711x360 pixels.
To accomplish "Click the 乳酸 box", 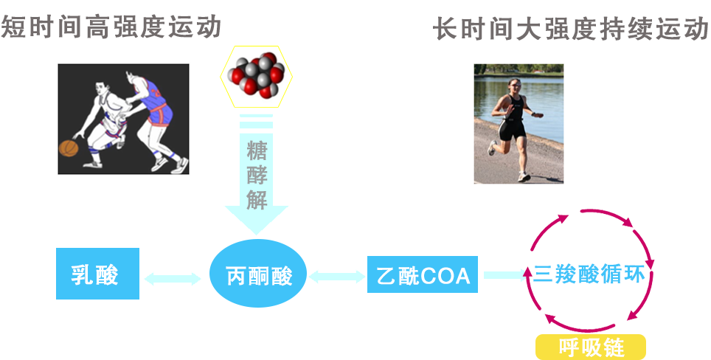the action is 97,274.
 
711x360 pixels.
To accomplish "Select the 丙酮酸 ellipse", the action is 259,276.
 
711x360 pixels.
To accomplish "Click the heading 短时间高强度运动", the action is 111,27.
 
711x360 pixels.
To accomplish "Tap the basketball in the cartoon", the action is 69,147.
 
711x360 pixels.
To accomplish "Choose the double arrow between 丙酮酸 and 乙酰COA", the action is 337,277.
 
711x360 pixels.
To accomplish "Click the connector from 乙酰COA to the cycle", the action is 503,275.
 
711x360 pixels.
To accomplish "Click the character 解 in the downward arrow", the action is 256,199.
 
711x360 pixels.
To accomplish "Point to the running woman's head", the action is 513,83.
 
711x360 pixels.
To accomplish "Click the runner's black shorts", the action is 512,131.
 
